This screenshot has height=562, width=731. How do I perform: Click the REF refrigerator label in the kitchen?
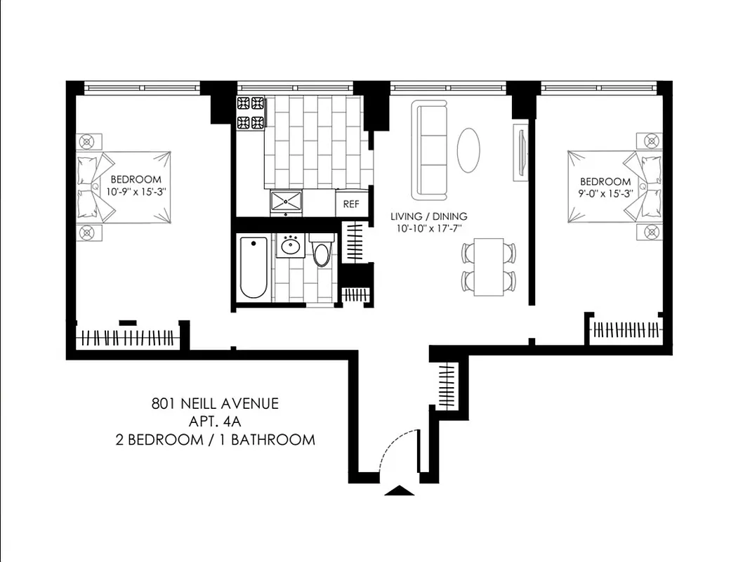click(351, 204)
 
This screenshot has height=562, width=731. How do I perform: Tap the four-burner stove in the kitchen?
click(251, 112)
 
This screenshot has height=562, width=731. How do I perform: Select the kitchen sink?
click(286, 201)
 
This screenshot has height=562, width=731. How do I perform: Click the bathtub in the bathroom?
click(253, 268)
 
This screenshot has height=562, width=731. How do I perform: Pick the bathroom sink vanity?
click(290, 246)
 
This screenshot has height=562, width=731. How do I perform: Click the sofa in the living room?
click(430, 149)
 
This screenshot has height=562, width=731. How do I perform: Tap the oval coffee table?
click(469, 150)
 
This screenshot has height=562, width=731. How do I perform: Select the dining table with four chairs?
click(488, 267)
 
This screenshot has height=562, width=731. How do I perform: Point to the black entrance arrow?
click(400, 491)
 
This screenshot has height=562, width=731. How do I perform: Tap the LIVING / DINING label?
click(428, 216)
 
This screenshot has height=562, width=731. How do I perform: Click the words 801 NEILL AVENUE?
click(215, 403)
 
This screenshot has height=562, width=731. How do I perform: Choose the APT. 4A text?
click(215, 421)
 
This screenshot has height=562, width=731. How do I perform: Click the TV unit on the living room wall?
click(520, 152)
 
